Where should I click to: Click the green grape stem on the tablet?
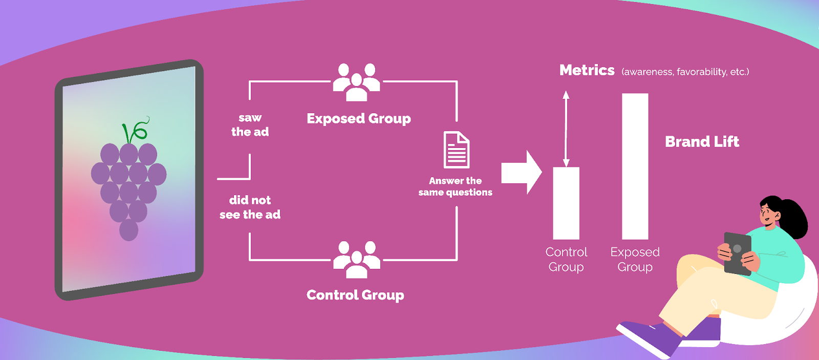(134, 131)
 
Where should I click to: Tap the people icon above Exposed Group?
(357, 82)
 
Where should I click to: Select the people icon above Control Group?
(357, 260)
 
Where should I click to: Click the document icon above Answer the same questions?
(456, 150)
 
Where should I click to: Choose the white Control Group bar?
(566, 203)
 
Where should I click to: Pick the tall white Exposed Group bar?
(635, 166)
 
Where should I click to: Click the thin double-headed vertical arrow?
(566, 129)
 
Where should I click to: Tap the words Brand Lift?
(702, 141)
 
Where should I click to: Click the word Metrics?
(587, 70)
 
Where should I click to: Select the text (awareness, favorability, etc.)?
(685, 72)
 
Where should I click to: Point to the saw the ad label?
(250, 125)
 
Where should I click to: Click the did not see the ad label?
(250, 207)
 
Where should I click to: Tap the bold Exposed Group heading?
(359, 119)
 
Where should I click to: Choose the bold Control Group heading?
(355, 295)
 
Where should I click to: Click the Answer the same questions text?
(455, 186)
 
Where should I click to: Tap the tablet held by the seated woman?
(737, 253)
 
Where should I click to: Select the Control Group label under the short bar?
(566, 259)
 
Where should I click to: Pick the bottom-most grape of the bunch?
(128, 230)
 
